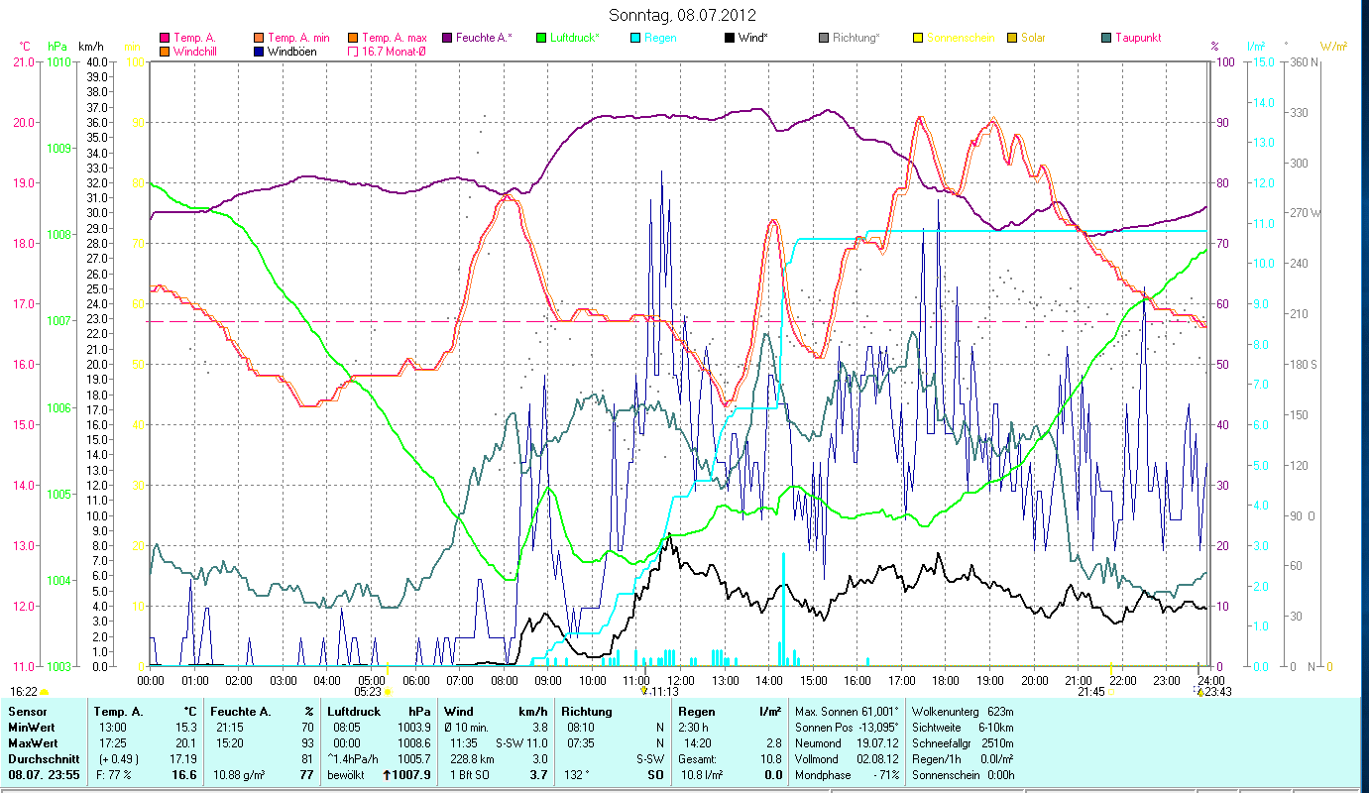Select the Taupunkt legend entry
(x=1137, y=38)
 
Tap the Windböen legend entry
(x=292, y=52)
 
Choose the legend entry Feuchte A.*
(x=484, y=38)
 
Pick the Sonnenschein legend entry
(x=960, y=38)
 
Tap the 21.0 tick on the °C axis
(x=21, y=61)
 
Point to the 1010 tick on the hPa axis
(x=57, y=61)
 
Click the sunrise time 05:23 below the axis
(x=369, y=691)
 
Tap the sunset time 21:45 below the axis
(x=1092, y=691)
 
